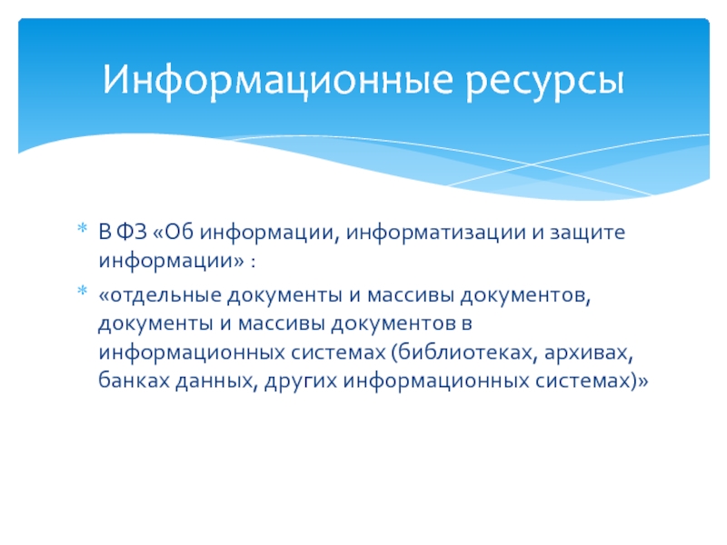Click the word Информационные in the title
277,80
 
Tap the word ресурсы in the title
544,84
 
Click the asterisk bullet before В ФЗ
82,228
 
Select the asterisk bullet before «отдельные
82,291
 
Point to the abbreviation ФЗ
131,232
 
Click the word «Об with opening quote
173,232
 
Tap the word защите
587,233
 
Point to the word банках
134,381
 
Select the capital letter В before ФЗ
105,232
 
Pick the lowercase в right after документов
466,324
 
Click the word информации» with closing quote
171,261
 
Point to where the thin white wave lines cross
532,164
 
